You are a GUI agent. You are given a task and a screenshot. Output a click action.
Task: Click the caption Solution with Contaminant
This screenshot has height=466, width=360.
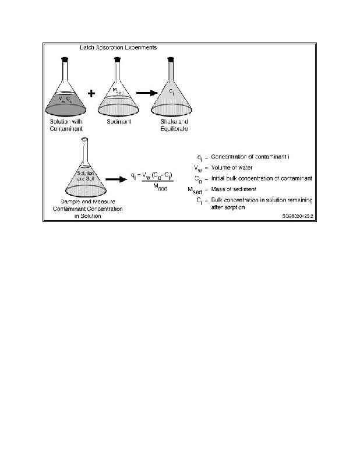(68, 125)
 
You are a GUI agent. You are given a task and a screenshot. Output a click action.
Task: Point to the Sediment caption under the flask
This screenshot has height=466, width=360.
(118, 121)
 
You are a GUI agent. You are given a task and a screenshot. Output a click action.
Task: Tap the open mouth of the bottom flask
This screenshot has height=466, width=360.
(85, 139)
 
